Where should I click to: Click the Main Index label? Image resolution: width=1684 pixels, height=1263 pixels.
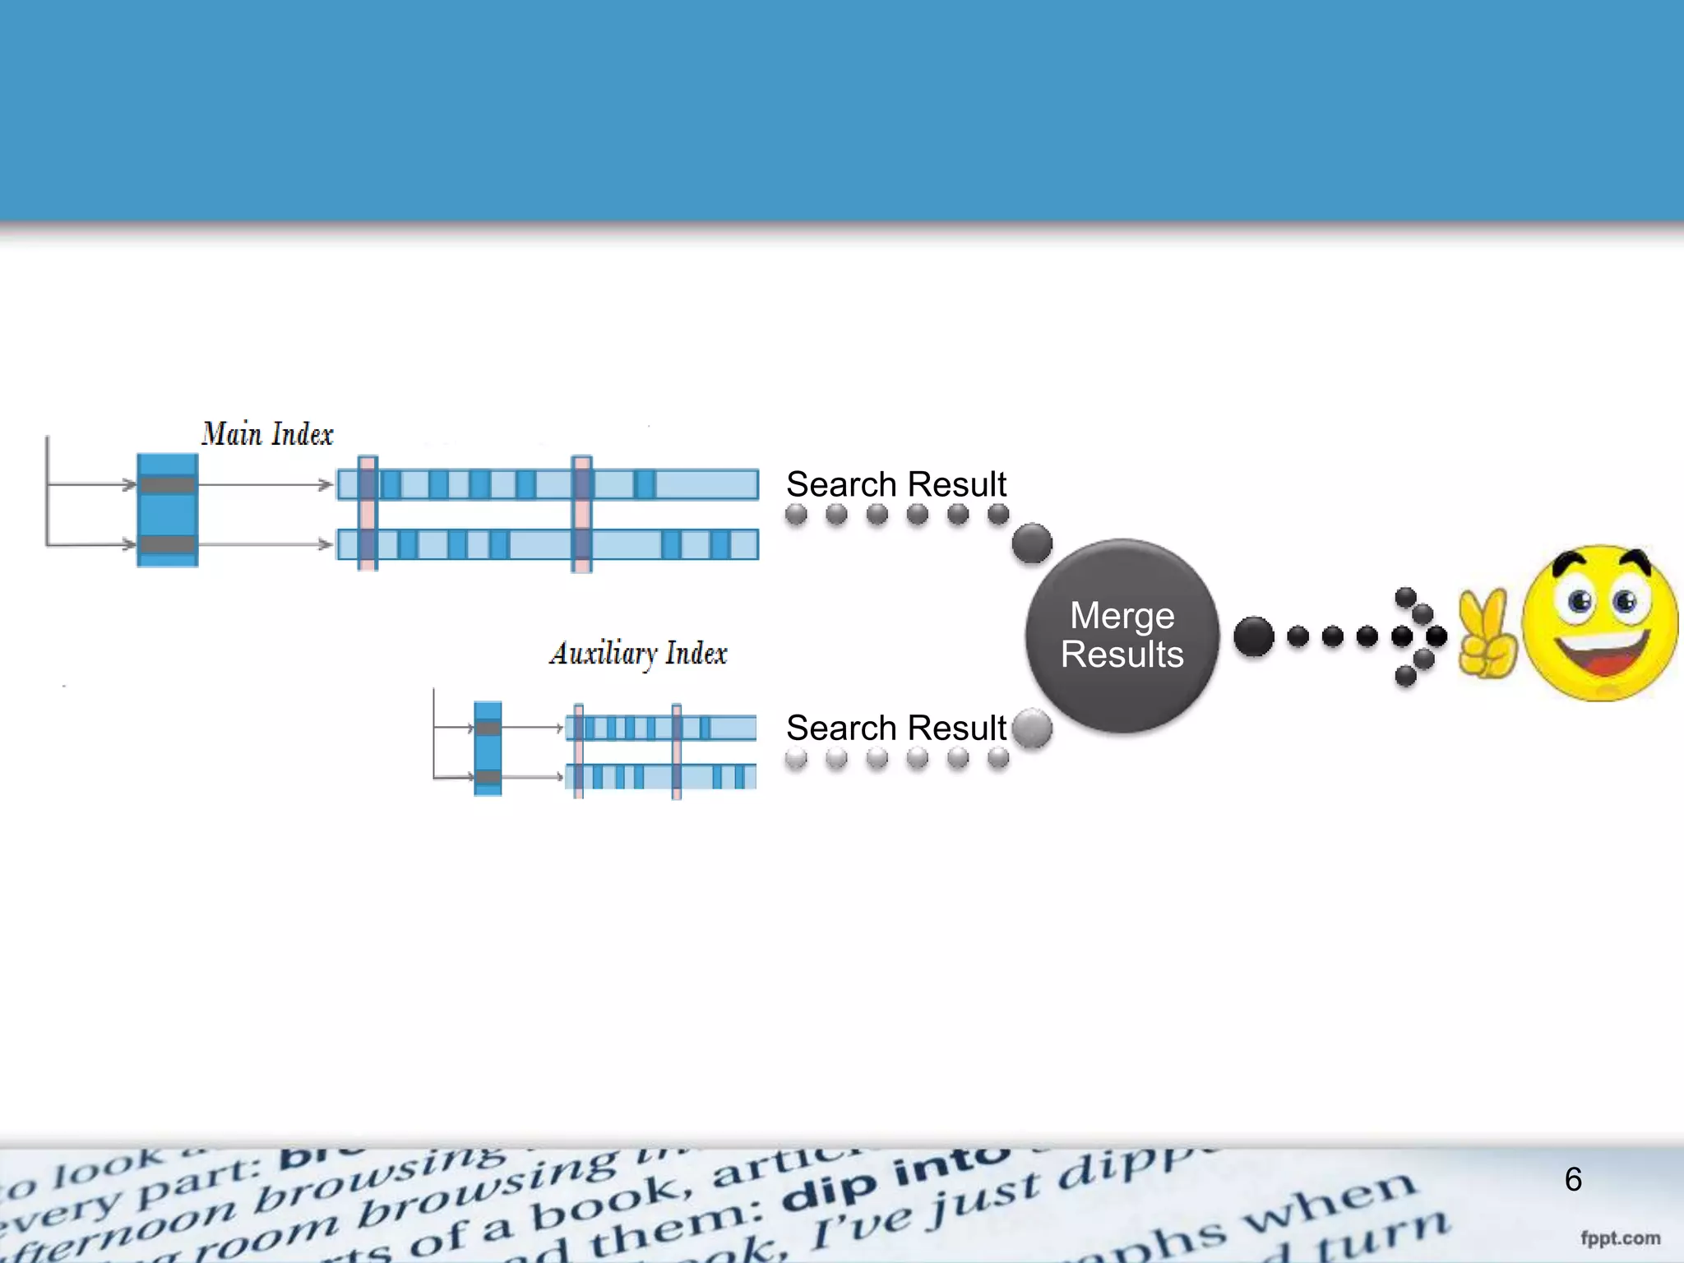(267, 434)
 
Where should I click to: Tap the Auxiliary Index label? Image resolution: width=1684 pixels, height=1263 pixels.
(638, 654)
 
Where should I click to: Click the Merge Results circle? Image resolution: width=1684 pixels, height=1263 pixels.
(1122, 636)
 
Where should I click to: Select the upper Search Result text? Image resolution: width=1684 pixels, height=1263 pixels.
(895, 484)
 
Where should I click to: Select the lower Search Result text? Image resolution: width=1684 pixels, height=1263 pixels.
(895, 729)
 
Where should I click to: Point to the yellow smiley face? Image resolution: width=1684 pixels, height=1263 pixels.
(1599, 623)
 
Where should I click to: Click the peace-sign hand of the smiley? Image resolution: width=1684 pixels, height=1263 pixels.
(1487, 634)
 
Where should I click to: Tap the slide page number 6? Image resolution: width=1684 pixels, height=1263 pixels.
(1573, 1179)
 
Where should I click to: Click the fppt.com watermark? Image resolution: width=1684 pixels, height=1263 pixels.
(1620, 1238)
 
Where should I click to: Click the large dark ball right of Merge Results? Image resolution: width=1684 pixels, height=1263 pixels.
(1254, 636)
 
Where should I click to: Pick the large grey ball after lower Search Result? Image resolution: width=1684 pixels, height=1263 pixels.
(1032, 729)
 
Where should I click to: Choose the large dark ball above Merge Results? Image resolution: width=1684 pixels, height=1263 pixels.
(1032, 544)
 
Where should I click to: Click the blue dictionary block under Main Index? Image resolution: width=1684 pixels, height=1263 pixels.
(168, 511)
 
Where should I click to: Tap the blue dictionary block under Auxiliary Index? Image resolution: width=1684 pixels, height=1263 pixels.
(488, 748)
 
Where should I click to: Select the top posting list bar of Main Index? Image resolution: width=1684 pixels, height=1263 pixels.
(548, 484)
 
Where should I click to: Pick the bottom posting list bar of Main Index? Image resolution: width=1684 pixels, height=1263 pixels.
(548, 544)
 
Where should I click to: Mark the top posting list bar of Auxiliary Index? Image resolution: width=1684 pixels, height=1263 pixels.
(661, 728)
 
